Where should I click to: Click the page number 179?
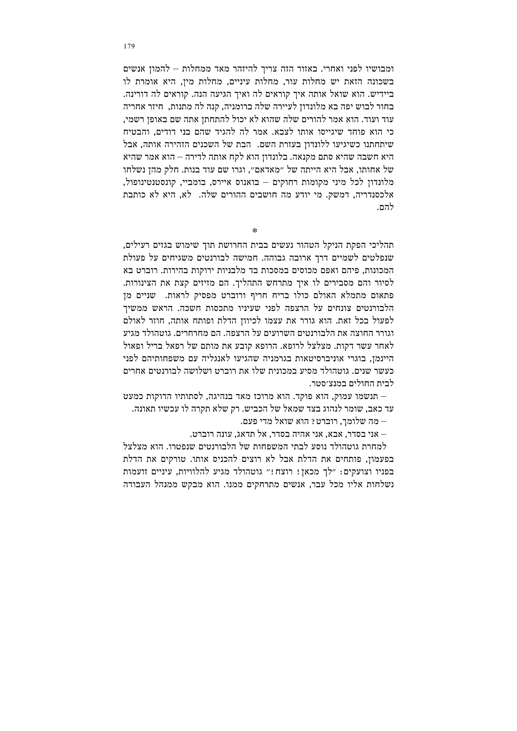click(x=129, y=47)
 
